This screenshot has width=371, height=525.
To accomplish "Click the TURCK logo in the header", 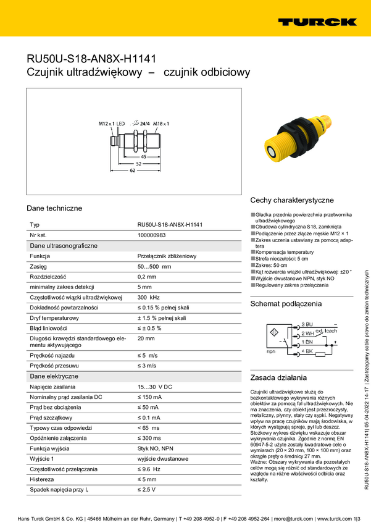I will point(317,22).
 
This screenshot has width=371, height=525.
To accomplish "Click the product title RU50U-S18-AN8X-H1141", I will point(91,59).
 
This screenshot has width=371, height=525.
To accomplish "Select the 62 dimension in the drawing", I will point(132,170).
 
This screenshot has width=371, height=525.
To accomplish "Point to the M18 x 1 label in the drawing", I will point(161,124).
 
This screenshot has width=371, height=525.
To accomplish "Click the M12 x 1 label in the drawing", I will point(107,124).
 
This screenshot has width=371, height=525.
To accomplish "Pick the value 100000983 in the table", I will point(151,235).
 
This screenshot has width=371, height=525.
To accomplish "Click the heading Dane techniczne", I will point(54,208).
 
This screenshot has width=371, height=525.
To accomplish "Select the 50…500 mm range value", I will point(154,266).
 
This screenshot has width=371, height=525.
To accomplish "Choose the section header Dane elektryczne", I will point(54,376).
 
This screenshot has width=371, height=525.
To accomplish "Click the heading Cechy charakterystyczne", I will point(292,200).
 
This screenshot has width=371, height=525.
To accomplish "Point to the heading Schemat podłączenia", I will point(286,304).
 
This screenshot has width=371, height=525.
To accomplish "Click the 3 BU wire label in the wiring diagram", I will point(307,324).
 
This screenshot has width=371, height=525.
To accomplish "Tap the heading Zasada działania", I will point(278,377).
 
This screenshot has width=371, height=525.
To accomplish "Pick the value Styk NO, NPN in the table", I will point(156,448).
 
